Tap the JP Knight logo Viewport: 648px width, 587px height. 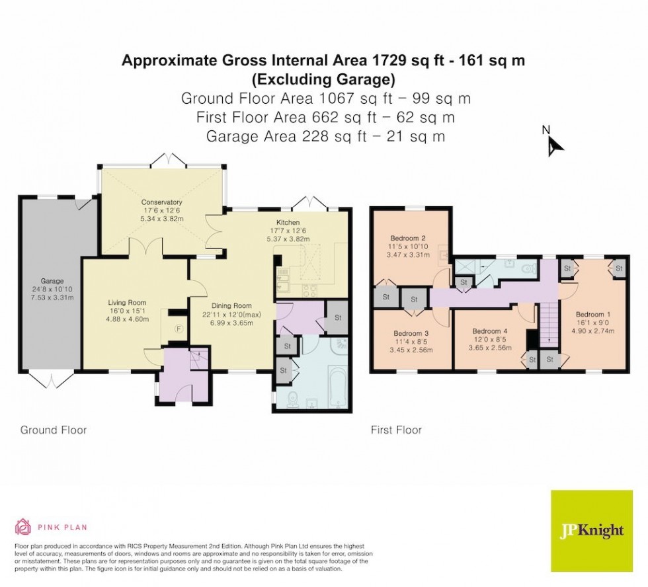[591, 531]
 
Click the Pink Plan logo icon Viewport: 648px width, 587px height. [23, 527]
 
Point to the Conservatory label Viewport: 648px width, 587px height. [161, 202]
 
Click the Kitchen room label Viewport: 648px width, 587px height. [288, 223]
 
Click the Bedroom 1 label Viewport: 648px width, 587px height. [593, 314]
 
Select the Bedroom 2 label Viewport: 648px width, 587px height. [407, 237]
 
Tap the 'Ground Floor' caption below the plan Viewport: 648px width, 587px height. [54, 430]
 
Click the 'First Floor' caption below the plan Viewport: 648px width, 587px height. [395, 430]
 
